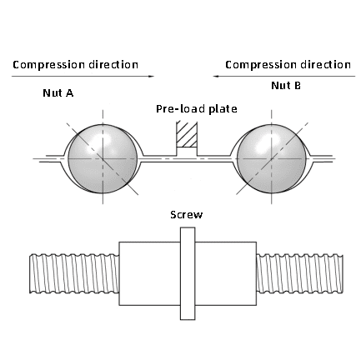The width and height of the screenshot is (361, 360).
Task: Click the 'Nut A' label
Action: (58, 92)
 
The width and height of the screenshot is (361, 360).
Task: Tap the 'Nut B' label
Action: (286, 85)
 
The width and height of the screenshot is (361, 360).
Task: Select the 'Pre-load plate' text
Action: (197, 108)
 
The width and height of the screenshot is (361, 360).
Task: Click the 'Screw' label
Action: (187, 215)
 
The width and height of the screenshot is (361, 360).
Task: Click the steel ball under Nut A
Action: (103, 159)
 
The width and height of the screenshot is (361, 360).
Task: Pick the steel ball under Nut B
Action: (272, 159)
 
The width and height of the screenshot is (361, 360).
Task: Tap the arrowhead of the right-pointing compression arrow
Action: (151, 77)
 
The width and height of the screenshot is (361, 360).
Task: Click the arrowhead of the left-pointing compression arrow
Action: (217, 76)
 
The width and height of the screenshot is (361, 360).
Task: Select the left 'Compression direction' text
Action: (75, 65)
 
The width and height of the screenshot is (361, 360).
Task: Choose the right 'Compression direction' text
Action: (288, 65)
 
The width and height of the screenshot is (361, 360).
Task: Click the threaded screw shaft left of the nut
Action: (74, 273)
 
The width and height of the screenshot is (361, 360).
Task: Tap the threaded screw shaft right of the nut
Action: (299, 273)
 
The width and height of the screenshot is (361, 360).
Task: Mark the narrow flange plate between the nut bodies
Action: (188, 273)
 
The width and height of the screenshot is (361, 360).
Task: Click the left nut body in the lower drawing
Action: (150, 273)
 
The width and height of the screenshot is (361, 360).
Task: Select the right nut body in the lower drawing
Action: (226, 273)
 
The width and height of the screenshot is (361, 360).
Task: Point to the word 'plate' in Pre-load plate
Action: (223, 108)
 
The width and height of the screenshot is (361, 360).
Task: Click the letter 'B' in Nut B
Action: (298, 85)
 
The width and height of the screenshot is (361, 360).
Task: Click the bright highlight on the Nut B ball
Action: (264, 141)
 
